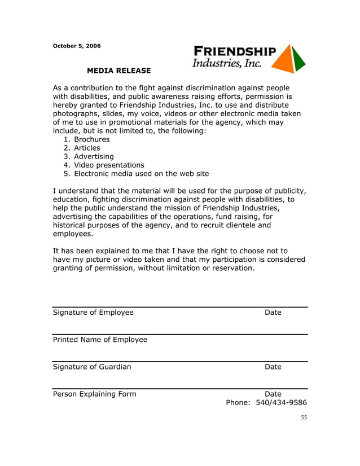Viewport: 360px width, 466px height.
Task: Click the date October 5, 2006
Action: click(x=77, y=45)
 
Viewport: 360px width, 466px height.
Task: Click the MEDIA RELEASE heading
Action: click(x=118, y=71)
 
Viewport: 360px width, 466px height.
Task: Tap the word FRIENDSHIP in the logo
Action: click(x=235, y=51)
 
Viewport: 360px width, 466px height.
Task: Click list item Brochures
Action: click(x=91, y=139)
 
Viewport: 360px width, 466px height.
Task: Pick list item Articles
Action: click(x=87, y=148)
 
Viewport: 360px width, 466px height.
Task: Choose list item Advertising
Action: click(x=94, y=156)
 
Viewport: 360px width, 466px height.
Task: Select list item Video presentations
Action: click(x=109, y=165)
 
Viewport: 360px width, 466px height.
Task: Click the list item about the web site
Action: click(x=141, y=174)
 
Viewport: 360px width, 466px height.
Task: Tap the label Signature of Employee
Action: click(x=93, y=313)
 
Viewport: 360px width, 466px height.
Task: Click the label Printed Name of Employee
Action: click(x=100, y=340)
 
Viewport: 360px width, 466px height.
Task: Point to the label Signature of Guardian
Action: click(x=92, y=367)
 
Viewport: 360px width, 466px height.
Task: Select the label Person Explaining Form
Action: click(x=94, y=394)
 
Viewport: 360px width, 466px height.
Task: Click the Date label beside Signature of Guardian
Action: click(x=273, y=367)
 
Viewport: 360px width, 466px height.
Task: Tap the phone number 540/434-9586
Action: click(x=281, y=403)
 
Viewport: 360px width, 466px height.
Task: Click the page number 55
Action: click(x=304, y=417)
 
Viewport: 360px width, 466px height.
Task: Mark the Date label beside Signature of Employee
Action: click(x=273, y=313)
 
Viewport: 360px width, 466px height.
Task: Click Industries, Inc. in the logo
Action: click(x=227, y=64)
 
